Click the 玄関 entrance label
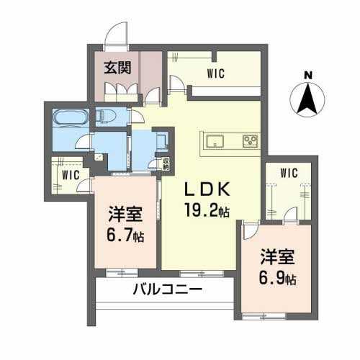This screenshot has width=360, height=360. [x=117, y=68]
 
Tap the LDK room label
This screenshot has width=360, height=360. [x=207, y=189]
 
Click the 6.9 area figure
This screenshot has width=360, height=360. [x=271, y=278]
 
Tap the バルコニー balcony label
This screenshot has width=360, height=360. [x=167, y=290]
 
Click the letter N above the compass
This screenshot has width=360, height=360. [x=308, y=76]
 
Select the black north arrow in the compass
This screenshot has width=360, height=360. [x=307, y=99]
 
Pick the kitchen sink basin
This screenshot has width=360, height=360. [x=215, y=140]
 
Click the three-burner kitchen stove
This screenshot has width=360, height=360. [x=250, y=141]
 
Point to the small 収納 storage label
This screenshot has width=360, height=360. [x=166, y=163]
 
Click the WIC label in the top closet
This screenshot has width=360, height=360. [x=216, y=73]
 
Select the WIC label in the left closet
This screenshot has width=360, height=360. [x=71, y=175]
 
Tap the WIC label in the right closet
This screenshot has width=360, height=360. [x=289, y=173]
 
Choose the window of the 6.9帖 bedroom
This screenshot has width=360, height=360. [x=264, y=316]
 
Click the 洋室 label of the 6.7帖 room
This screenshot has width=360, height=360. [x=125, y=214]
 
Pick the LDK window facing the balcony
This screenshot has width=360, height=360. [x=202, y=274]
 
